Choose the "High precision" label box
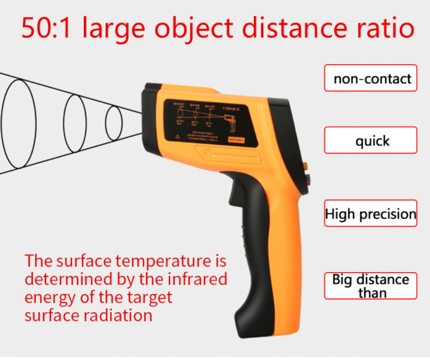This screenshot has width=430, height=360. point(371,214)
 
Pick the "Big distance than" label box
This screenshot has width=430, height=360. point(371,286)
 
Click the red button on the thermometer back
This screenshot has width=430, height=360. point(307,179)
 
